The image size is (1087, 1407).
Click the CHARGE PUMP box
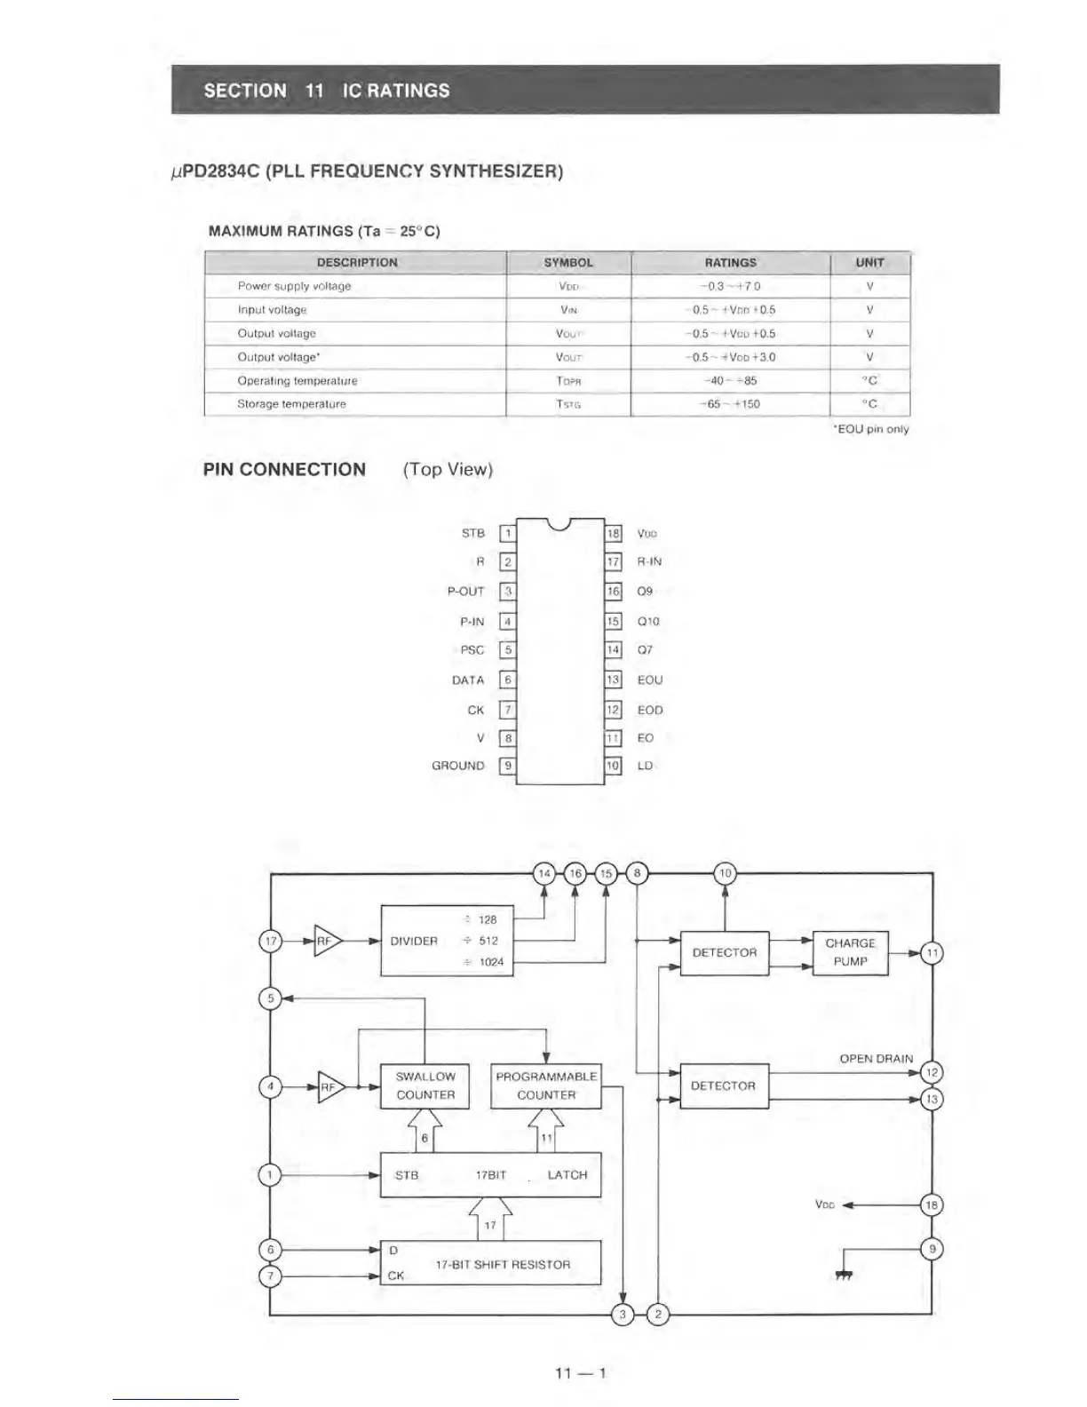click(850, 952)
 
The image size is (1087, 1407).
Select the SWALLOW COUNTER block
click(424, 1085)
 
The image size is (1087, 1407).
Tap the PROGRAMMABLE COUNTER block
click(545, 1085)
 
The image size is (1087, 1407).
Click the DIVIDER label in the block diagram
click(414, 942)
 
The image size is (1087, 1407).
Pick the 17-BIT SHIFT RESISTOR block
click(490, 1263)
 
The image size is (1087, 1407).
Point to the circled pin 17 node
click(271, 941)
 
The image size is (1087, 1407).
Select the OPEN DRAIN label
click(876, 1059)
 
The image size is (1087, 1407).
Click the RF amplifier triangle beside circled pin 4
click(329, 1086)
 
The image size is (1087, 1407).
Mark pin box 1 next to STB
click(508, 534)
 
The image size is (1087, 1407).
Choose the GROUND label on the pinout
click(458, 766)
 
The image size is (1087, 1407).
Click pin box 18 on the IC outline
click(614, 534)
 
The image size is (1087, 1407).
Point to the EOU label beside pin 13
click(650, 680)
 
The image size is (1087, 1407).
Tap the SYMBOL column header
click(568, 263)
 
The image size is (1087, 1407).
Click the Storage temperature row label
click(291, 404)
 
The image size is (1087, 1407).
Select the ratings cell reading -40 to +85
click(730, 381)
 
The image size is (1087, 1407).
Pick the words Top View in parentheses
click(448, 470)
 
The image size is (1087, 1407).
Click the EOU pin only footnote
click(870, 430)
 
